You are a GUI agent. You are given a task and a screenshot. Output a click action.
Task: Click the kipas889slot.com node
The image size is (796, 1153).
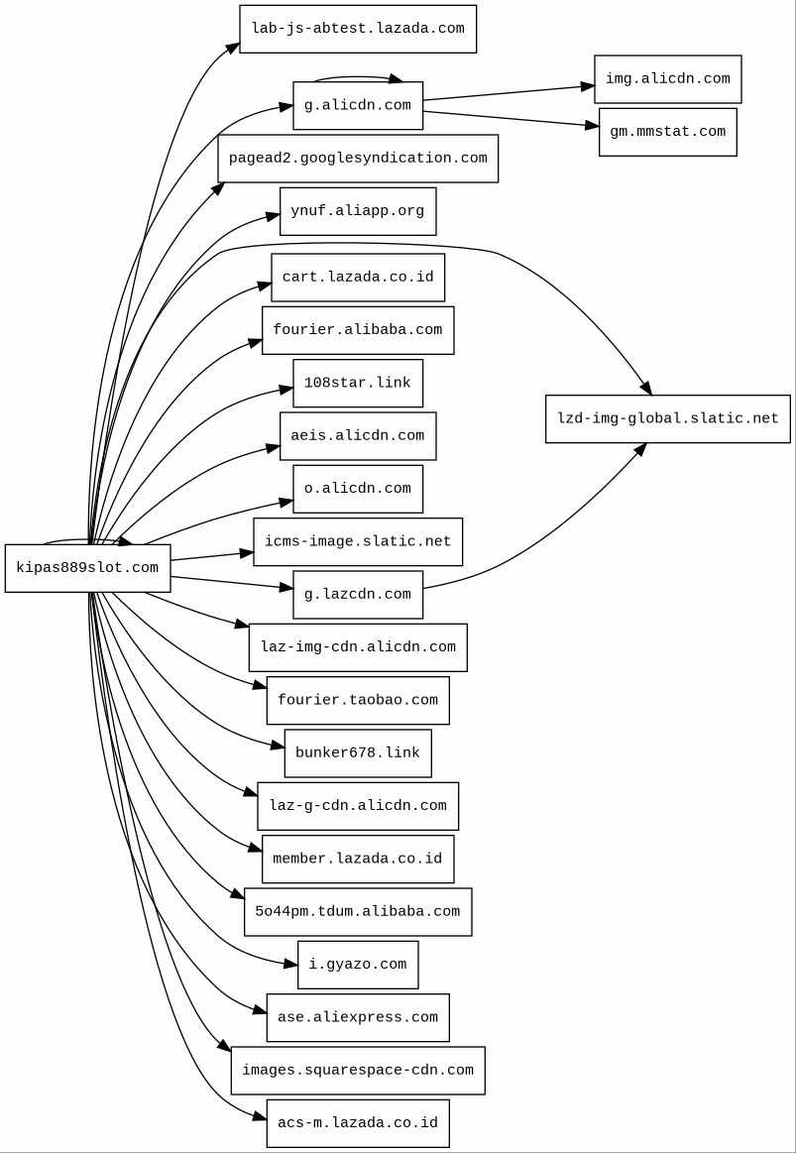(87, 568)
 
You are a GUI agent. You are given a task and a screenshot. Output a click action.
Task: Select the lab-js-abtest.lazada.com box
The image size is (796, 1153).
(358, 29)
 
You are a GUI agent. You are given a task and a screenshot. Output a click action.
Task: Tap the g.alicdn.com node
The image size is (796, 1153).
(358, 106)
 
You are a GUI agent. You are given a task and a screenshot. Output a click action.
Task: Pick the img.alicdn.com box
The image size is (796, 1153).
(667, 79)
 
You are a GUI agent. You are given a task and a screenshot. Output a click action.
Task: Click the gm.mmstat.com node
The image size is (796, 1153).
(667, 132)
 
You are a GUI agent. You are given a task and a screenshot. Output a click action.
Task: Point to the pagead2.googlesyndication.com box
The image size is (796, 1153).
(358, 159)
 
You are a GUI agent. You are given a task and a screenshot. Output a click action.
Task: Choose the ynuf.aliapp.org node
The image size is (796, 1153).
(358, 211)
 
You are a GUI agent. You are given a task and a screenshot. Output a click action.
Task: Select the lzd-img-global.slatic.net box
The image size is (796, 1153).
(667, 418)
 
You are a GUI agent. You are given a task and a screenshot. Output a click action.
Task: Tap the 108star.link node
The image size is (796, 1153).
(358, 383)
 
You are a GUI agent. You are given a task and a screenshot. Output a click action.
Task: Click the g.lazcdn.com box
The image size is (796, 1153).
(358, 595)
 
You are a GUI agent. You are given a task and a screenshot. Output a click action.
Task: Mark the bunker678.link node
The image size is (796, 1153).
(358, 753)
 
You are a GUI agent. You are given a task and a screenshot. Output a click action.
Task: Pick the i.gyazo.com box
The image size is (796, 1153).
(358, 965)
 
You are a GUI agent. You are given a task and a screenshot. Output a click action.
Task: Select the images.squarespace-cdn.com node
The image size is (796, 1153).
(358, 1071)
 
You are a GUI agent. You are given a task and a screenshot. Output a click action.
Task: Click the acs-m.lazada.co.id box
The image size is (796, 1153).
(358, 1123)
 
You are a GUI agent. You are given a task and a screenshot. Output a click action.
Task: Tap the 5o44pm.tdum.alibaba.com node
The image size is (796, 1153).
(358, 912)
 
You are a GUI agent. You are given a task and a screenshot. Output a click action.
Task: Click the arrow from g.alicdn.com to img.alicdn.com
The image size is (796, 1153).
(509, 93)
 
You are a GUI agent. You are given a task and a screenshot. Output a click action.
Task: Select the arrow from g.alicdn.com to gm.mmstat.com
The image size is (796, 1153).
(511, 119)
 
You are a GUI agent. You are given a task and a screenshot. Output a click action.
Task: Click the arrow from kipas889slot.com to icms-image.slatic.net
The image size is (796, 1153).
(211, 556)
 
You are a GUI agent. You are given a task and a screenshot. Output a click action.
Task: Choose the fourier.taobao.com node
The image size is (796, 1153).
(358, 701)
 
